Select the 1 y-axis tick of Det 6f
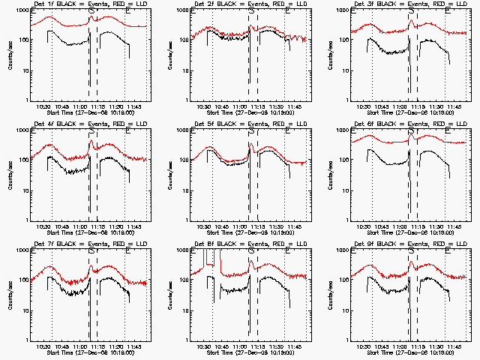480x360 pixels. coord(345,220)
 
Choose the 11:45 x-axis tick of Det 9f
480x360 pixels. coord(453,346)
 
